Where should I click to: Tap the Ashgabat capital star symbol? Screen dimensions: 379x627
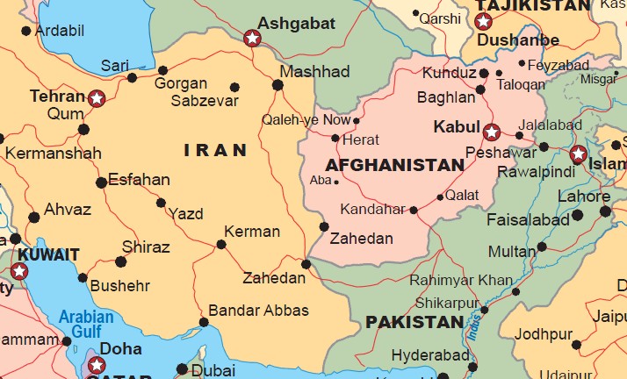253,38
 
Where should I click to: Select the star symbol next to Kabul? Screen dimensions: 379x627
492,132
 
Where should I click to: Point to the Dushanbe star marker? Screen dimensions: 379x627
483,22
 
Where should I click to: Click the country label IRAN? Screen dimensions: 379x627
215,151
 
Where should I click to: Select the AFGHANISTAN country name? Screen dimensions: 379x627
394,165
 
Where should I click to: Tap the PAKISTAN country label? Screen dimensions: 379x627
414,322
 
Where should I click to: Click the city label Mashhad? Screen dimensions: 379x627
314,71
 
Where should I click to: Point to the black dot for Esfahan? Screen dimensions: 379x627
101,182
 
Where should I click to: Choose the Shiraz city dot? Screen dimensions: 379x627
120,261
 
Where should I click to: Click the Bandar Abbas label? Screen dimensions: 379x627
258,311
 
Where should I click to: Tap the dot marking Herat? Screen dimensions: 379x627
335,138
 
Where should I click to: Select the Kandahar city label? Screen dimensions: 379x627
374,211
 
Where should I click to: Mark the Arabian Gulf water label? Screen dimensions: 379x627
86,324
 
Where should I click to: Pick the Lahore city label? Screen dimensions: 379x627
583,197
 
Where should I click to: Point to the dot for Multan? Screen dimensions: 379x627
542,247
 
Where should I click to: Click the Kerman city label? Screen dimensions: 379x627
252,232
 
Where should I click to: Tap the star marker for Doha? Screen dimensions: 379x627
94,361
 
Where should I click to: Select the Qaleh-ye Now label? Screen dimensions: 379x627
306,120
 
